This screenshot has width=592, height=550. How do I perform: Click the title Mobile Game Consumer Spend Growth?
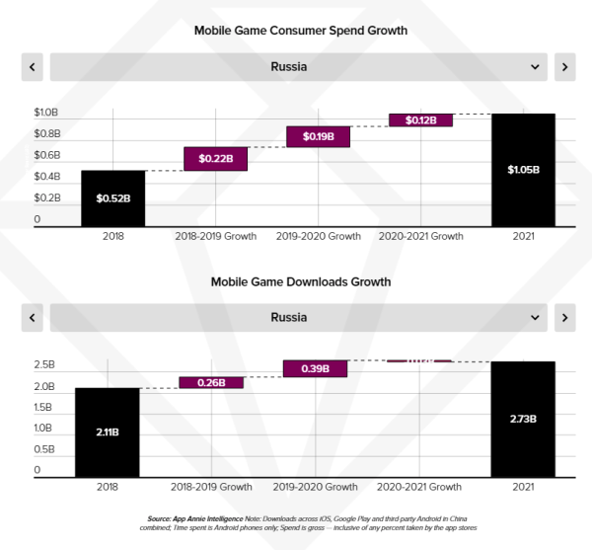click(300, 31)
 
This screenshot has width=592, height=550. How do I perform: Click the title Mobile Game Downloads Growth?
click(300, 281)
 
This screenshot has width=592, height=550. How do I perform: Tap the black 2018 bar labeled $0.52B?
click(113, 198)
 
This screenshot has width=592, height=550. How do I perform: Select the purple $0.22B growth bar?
click(215, 158)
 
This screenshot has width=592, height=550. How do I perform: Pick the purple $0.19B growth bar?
click(318, 136)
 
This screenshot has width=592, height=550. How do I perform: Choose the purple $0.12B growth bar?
click(420, 119)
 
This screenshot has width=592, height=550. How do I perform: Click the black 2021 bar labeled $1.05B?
click(523, 170)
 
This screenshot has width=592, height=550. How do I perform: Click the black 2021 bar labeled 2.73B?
click(523, 419)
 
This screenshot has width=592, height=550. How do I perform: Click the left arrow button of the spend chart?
click(33, 67)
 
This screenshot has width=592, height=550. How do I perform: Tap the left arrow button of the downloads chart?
click(33, 318)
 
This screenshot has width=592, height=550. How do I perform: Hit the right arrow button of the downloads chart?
click(564, 318)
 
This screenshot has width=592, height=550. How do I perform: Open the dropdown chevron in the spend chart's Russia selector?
click(535, 67)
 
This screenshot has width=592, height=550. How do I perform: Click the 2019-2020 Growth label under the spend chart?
click(318, 237)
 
